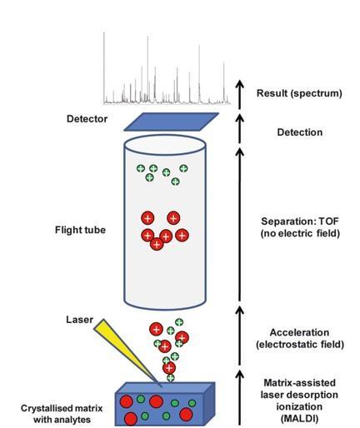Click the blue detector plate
click(x=171, y=122)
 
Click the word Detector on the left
click(x=87, y=119)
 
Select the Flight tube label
click(x=80, y=230)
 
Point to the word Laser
click(x=79, y=320)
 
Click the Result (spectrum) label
click(x=299, y=93)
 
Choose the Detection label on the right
click(x=300, y=132)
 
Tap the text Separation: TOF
click(x=300, y=221)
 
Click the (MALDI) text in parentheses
click(x=299, y=418)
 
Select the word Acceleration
click(x=299, y=332)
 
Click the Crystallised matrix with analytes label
click(x=62, y=414)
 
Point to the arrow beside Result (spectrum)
click(x=240, y=94)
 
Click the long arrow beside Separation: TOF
click(x=240, y=224)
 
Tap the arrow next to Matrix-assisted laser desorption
click(x=240, y=397)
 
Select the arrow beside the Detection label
click(x=240, y=128)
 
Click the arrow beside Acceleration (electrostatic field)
click(x=240, y=336)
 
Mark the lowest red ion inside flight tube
click(x=157, y=244)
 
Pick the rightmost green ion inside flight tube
click(x=183, y=168)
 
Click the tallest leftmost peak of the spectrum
click(x=104, y=68)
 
